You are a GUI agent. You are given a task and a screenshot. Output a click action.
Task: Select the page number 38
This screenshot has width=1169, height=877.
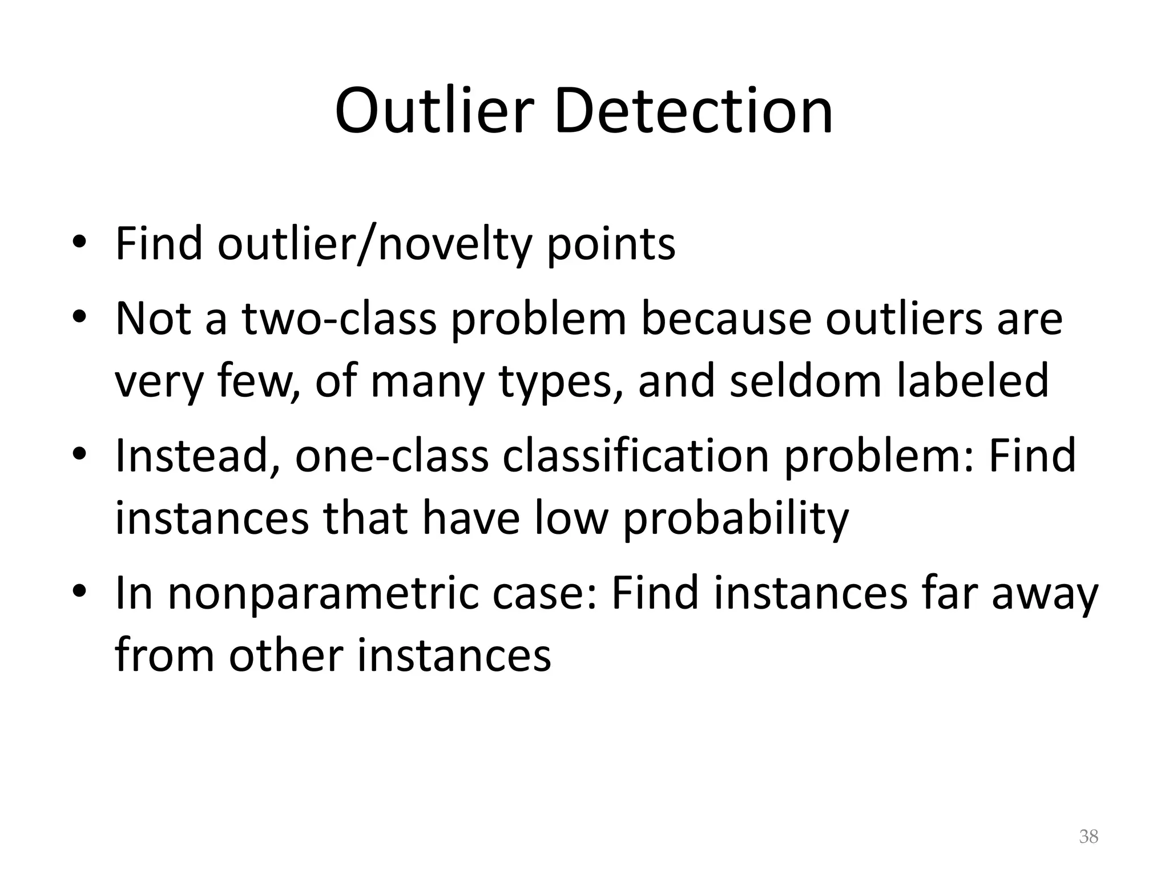1089,836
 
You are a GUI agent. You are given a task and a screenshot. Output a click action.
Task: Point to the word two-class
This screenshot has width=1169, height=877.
340,318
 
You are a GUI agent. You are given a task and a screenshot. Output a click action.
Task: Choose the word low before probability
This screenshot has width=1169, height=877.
571,518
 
